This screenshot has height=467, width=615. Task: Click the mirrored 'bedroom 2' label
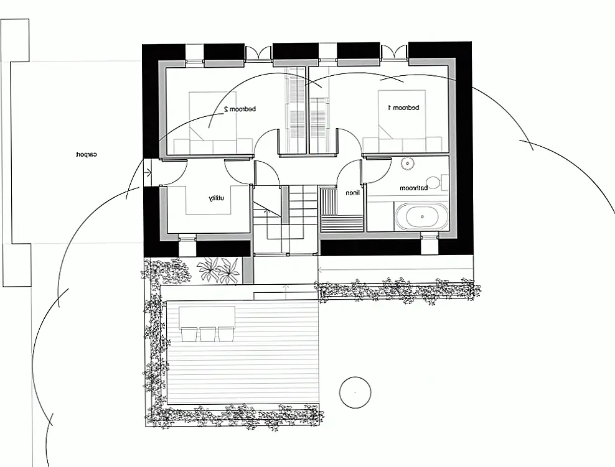240,109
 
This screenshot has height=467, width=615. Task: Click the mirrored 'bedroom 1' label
403,108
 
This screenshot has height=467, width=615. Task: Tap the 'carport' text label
87,154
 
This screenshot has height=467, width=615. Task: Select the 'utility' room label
216,198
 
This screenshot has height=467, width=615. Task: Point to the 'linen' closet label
352,193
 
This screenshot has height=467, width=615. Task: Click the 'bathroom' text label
414,188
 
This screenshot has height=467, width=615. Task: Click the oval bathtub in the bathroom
421,216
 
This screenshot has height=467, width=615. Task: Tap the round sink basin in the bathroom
408,164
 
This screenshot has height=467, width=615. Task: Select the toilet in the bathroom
436,183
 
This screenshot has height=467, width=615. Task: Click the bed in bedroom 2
213,123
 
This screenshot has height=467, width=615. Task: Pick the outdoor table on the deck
207,318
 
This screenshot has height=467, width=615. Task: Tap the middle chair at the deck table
207,334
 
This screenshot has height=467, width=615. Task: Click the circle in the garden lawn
355,392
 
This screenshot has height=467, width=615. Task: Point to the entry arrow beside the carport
148,172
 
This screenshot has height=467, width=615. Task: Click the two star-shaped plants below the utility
218,270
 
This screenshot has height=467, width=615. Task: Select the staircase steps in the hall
303,205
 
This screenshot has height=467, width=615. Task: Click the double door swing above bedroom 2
258,53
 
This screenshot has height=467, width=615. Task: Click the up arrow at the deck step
286,289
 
